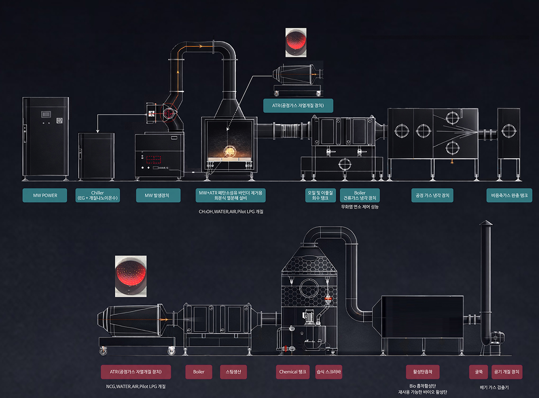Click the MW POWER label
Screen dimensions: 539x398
pyautogui.click(x=45, y=195)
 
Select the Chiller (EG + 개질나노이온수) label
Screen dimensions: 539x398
pyautogui.click(x=98, y=195)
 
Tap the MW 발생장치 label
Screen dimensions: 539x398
pyautogui.click(x=158, y=195)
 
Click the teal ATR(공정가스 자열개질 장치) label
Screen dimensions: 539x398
pyautogui.click(x=298, y=106)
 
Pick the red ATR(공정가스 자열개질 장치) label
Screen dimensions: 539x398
pyautogui.click(x=136, y=372)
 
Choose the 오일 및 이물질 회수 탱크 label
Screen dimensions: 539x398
pyautogui.click(x=321, y=195)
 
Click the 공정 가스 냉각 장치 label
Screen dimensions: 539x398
pyautogui.click(x=433, y=195)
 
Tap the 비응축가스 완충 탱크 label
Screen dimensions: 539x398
pyautogui.click(x=509, y=195)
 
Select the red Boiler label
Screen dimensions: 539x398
pyautogui.click(x=199, y=372)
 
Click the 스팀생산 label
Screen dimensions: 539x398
pyautogui.click(x=233, y=372)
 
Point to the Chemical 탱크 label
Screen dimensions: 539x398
pyautogui.click(x=292, y=372)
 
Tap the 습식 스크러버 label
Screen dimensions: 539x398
pyautogui.click(x=329, y=372)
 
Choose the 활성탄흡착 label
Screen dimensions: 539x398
pyautogui.click(x=423, y=372)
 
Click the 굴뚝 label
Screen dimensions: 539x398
pyautogui.click(x=478, y=372)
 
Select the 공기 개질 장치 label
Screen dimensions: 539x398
pyautogui.click(x=507, y=372)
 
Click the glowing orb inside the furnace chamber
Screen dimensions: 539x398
pyautogui.click(x=229, y=152)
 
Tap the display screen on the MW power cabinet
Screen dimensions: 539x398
pyautogui.click(x=46, y=114)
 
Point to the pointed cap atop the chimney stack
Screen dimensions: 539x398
pyautogui.click(x=486, y=223)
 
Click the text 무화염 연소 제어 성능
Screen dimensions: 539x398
pyautogui.click(x=360, y=207)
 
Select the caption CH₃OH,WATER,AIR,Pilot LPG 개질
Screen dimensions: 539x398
pyautogui.click(x=231, y=212)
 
